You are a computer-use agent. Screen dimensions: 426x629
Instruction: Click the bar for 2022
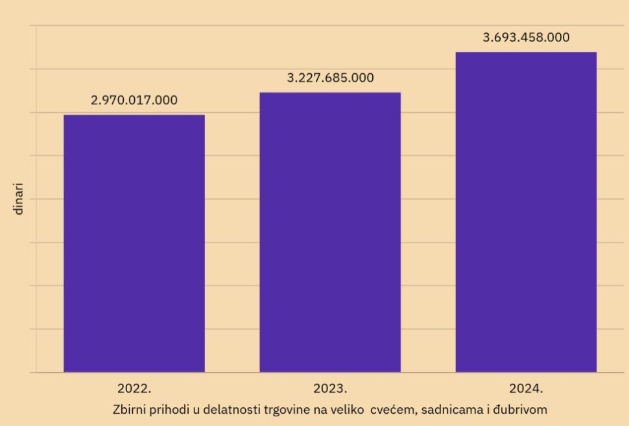pos(134,243)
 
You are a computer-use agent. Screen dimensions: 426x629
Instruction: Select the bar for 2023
pos(330,232)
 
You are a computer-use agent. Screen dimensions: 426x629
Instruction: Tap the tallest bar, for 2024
pos(526,212)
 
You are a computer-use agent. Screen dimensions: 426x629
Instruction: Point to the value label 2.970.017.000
pos(134,101)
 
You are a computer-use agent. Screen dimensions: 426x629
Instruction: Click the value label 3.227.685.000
pos(330,78)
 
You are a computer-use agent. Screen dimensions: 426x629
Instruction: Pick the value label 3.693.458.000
pos(526,38)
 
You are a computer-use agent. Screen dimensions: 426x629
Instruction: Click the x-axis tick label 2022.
pos(134,389)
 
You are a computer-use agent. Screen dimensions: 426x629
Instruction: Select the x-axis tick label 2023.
pos(330,389)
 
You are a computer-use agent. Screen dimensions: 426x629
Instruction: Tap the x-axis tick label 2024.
pos(526,389)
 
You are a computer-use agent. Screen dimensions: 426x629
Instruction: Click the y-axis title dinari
pos(19,199)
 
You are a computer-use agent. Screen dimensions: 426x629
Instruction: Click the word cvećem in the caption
pos(392,410)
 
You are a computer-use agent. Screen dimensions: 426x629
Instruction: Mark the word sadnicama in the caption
pos(449,410)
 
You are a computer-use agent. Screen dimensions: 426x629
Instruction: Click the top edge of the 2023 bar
pos(330,93)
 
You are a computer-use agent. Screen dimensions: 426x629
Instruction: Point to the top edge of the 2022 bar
pos(134,115)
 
